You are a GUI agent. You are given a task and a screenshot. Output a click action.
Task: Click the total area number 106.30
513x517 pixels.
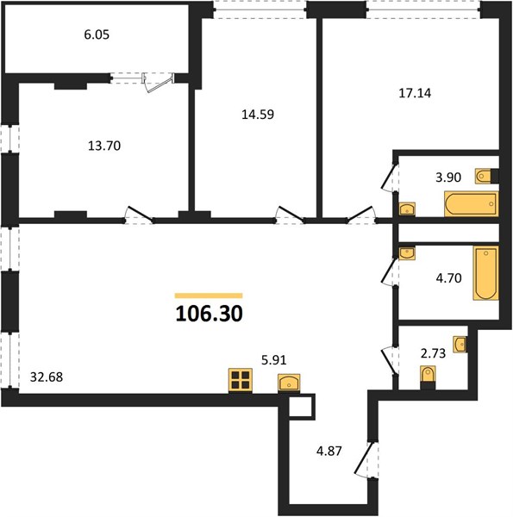(210, 314)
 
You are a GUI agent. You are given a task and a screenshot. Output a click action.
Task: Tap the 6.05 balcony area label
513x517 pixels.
(97, 34)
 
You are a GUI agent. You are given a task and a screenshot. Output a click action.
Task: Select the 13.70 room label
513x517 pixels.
(104, 146)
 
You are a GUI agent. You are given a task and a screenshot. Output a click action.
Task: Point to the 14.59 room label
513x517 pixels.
(258, 115)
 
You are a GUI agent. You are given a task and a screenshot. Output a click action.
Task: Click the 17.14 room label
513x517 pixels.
(415, 93)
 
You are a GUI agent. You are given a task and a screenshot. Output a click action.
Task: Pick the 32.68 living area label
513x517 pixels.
(47, 377)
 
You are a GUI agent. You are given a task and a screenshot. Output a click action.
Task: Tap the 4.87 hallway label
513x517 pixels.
(328, 451)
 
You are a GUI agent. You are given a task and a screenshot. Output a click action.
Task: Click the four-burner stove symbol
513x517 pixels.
(241, 381)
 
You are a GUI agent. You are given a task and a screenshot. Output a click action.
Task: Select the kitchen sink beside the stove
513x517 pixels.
(289, 383)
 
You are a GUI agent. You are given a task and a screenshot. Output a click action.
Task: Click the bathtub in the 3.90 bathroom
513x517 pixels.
(471, 203)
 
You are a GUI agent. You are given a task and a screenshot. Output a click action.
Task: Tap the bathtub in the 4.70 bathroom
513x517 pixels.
(486, 273)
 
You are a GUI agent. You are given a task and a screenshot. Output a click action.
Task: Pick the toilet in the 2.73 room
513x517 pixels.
(428, 377)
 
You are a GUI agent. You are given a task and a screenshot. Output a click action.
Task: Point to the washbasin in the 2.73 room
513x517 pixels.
(460, 345)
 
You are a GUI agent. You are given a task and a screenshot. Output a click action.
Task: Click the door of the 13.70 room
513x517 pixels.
(139, 214)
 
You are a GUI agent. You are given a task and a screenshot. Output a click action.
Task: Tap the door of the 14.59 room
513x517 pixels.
(291, 214)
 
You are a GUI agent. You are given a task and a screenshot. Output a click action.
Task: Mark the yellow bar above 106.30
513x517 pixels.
(209, 296)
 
